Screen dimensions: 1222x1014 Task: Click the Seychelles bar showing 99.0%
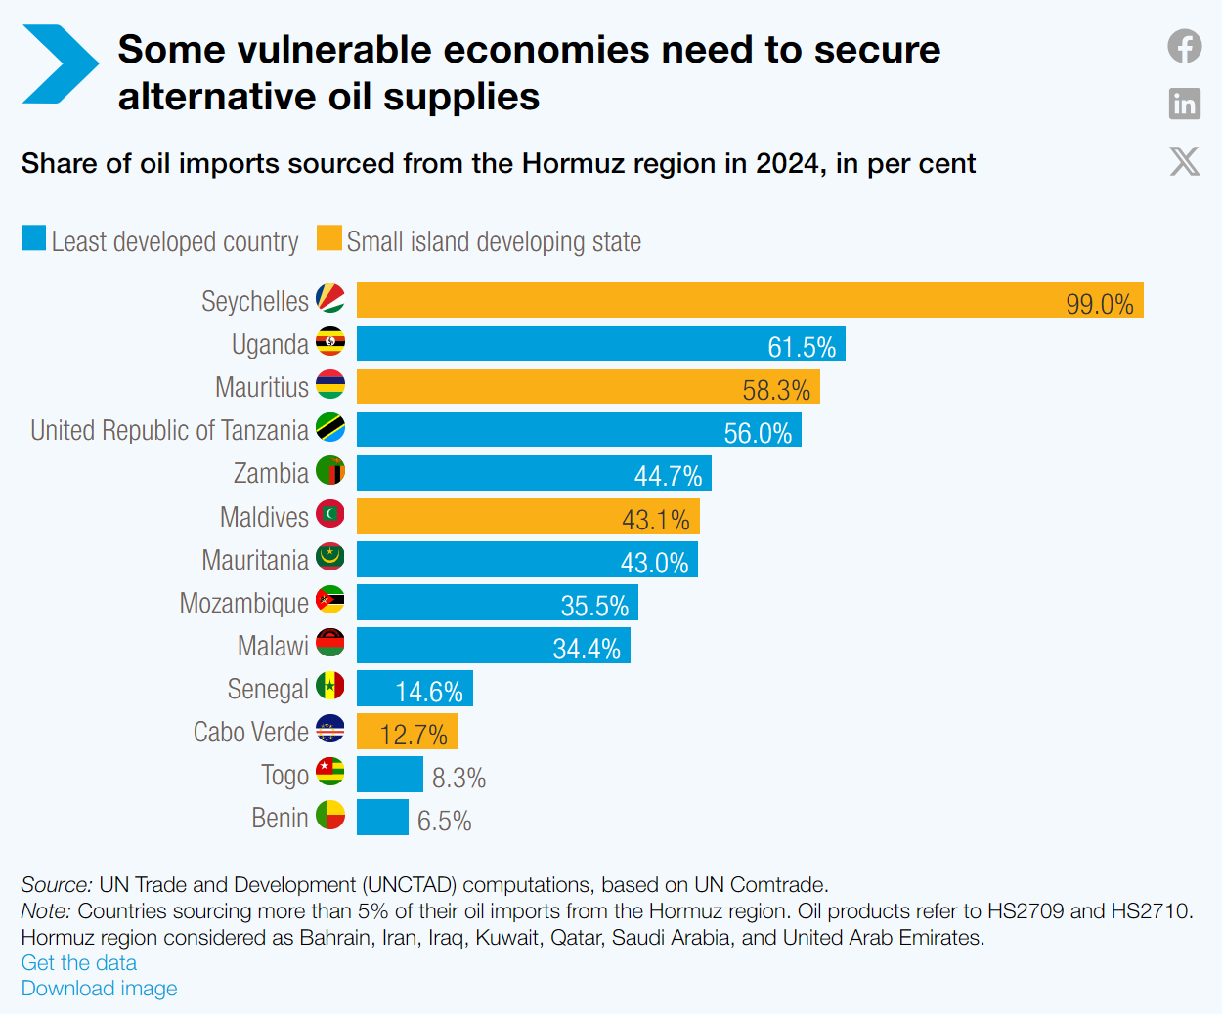pos(750,301)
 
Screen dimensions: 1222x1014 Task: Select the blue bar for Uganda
pos(601,344)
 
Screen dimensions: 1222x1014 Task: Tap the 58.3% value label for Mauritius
pos(776,390)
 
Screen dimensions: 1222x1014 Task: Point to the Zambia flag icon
pos(330,470)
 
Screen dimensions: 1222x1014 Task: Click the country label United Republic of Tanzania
pos(169,431)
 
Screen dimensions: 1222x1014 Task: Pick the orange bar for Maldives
pos(528,517)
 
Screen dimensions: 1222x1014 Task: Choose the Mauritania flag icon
pos(330,557)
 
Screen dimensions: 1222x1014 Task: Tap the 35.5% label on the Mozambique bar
pos(594,606)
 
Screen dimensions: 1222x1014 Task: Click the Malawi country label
pos(273,646)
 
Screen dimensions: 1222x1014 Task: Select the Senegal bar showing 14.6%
pos(415,689)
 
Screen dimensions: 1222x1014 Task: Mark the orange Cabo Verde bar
pos(407,732)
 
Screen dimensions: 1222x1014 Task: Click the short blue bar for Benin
pos(383,818)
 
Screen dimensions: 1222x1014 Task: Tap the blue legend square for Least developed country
pos(33,238)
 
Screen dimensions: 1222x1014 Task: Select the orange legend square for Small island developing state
pos(328,238)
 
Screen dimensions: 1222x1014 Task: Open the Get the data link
pos(79,962)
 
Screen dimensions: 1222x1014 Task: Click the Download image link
pos(99,989)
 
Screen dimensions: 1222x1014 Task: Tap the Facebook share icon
pos(1185,46)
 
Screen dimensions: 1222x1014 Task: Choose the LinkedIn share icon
pos(1185,104)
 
